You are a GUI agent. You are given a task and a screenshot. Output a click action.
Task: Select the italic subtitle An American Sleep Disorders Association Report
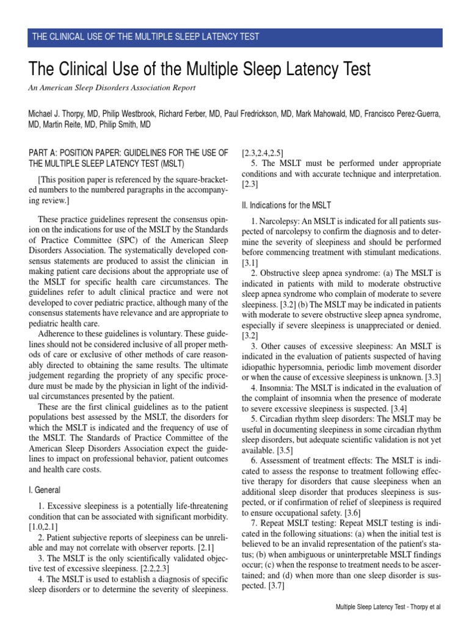click(112, 88)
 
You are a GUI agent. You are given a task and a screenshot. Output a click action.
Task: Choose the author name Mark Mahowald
click(325, 114)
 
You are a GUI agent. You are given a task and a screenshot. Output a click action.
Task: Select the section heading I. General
click(45, 490)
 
